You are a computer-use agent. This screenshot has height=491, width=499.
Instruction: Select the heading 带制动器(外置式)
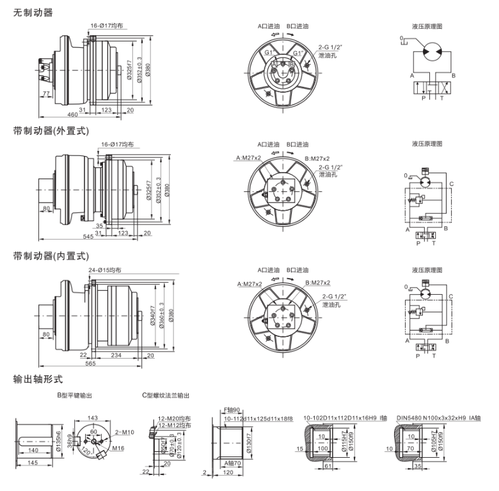click(x=51, y=130)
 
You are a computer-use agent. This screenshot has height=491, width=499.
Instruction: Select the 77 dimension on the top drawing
click(x=47, y=94)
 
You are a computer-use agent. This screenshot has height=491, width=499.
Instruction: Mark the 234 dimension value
click(x=116, y=354)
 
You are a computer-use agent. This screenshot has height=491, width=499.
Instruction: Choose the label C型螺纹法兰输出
click(x=166, y=396)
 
